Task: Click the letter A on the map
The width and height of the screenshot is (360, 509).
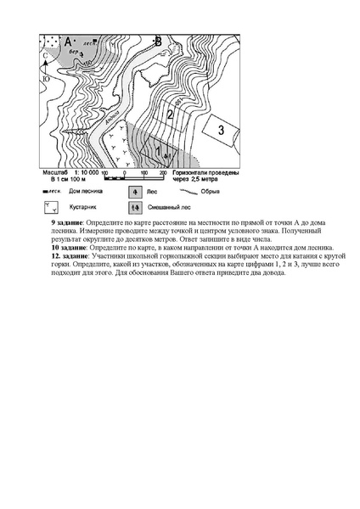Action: pos(68,42)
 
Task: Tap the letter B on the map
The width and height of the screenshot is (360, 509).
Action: pos(158,41)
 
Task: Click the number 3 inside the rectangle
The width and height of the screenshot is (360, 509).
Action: pos(221,129)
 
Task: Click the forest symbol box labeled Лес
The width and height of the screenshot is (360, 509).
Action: pos(135,192)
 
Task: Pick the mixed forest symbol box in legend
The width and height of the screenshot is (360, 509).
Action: pos(135,206)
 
